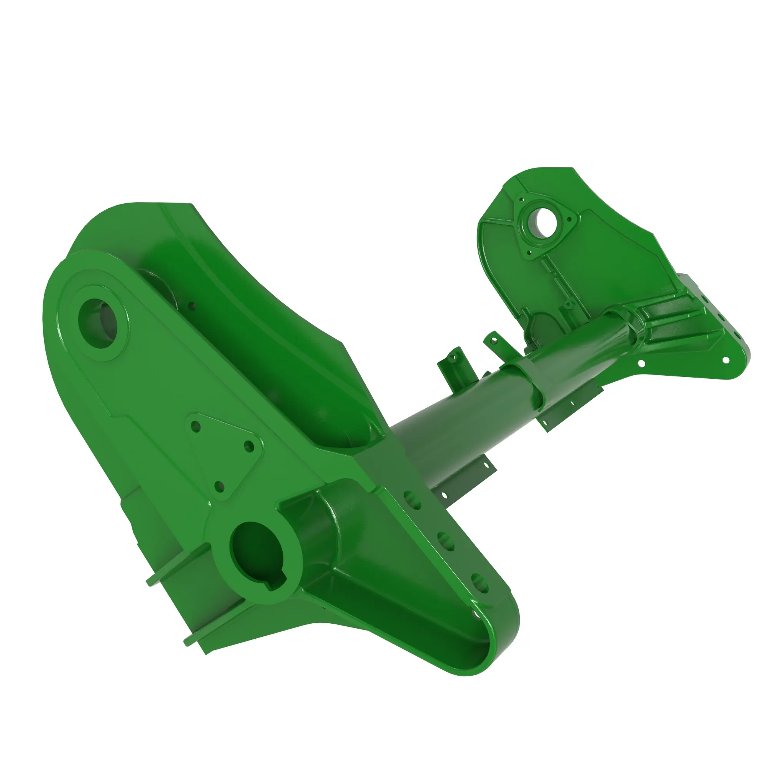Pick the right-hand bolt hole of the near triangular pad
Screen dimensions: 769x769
pos(249,446)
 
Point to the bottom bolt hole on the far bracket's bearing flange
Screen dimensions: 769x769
pos(529,252)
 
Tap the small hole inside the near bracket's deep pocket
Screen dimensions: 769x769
pos(191,306)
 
